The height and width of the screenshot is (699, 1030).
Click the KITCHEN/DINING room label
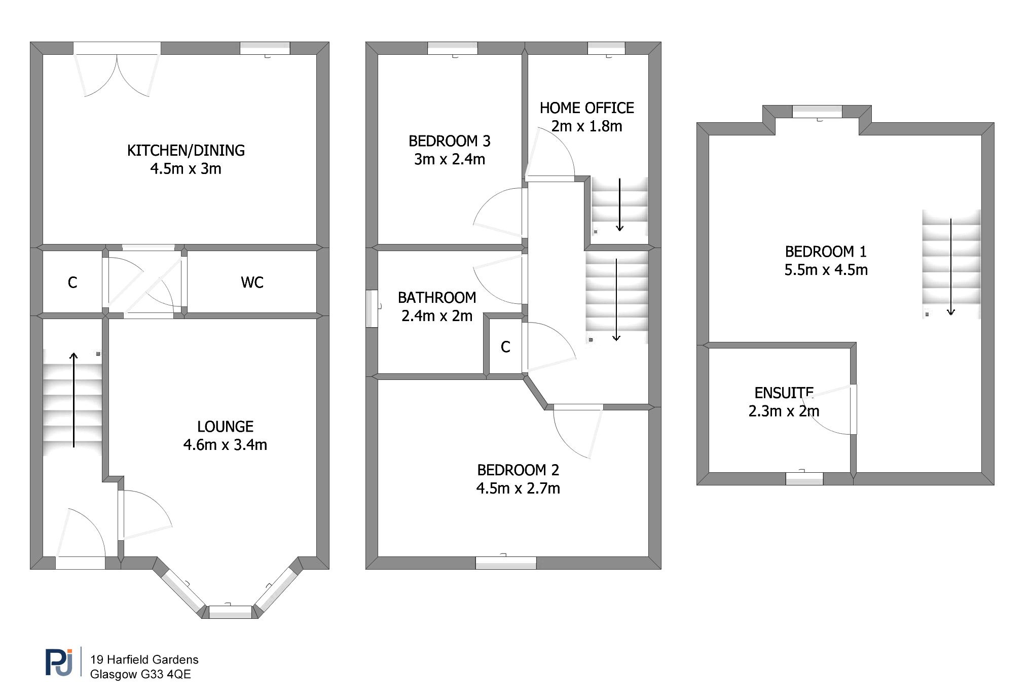pyautogui.click(x=186, y=150)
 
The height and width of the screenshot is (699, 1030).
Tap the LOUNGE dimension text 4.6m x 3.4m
pyautogui.click(x=225, y=445)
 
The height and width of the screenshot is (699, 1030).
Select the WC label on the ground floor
pyautogui.click(x=252, y=283)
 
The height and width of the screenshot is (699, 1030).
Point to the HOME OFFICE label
pyautogui.click(x=586, y=108)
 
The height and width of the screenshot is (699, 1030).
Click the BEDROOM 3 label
pyautogui.click(x=450, y=141)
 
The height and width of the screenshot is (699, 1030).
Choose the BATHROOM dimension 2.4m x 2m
pyautogui.click(x=437, y=316)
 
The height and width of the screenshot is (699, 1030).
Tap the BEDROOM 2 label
pyautogui.click(x=518, y=470)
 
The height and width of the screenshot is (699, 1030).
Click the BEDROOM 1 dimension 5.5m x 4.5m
pyautogui.click(x=826, y=270)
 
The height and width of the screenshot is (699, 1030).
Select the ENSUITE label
pyautogui.click(x=784, y=393)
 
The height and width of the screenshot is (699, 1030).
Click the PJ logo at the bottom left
pyautogui.click(x=59, y=662)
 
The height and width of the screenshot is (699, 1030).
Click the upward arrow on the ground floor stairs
pyautogui.click(x=73, y=400)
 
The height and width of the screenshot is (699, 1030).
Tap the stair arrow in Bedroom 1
pyautogui.click(x=951, y=267)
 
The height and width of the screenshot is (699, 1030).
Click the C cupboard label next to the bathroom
pyautogui.click(x=505, y=347)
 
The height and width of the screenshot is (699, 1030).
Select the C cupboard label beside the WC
pyautogui.click(x=72, y=283)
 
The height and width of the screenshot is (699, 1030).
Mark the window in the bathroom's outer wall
pyautogui.click(x=372, y=308)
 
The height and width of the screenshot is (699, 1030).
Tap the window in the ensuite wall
pyautogui.click(x=804, y=478)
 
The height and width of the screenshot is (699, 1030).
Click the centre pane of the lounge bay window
pyautogui.click(x=231, y=612)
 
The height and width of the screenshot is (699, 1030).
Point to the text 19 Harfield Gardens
pyautogui.click(x=144, y=659)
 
